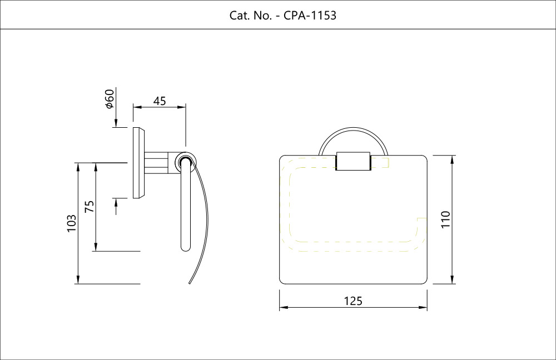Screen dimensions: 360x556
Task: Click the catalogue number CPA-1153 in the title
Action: (x=310, y=16)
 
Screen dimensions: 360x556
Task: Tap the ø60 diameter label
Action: (x=110, y=99)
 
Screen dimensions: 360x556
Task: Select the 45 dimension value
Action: (x=160, y=101)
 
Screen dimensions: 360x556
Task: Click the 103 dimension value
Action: (x=71, y=223)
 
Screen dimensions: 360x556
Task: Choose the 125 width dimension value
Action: (x=353, y=301)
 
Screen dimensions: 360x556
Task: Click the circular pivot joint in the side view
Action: (x=185, y=162)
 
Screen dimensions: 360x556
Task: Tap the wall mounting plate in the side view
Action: (x=137, y=163)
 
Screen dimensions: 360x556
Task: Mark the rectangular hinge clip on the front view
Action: (x=353, y=161)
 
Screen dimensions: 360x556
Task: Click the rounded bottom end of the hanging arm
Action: (x=186, y=247)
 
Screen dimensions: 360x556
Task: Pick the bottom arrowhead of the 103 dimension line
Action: (x=78, y=280)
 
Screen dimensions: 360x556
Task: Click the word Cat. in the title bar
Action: (x=240, y=16)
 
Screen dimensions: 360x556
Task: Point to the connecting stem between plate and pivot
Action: (x=160, y=162)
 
